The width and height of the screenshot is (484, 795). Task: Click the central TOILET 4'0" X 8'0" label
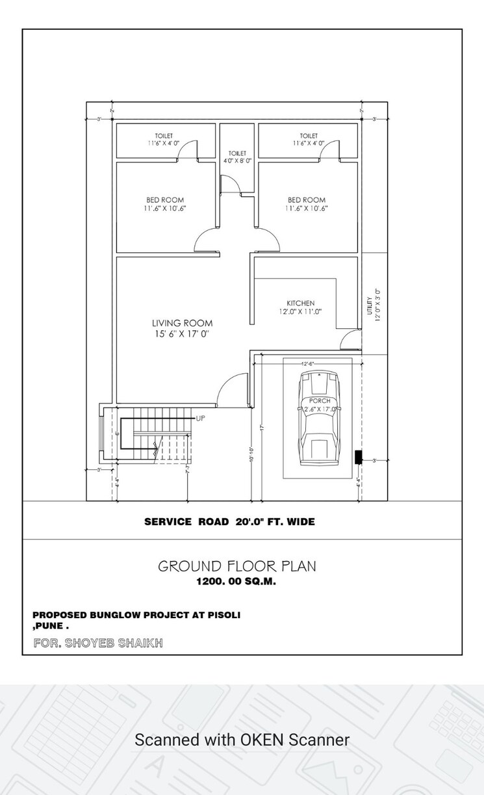[x=237, y=157]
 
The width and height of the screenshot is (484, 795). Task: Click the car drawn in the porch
[x=319, y=419]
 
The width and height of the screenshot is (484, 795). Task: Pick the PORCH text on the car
[x=320, y=401]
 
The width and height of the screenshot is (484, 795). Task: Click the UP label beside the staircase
[x=200, y=419]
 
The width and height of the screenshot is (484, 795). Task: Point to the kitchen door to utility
[x=351, y=339]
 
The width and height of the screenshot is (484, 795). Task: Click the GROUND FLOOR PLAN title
[x=237, y=566]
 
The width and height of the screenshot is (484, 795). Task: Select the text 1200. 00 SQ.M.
[x=236, y=582]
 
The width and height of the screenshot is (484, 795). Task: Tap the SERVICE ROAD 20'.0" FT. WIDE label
[x=229, y=521]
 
